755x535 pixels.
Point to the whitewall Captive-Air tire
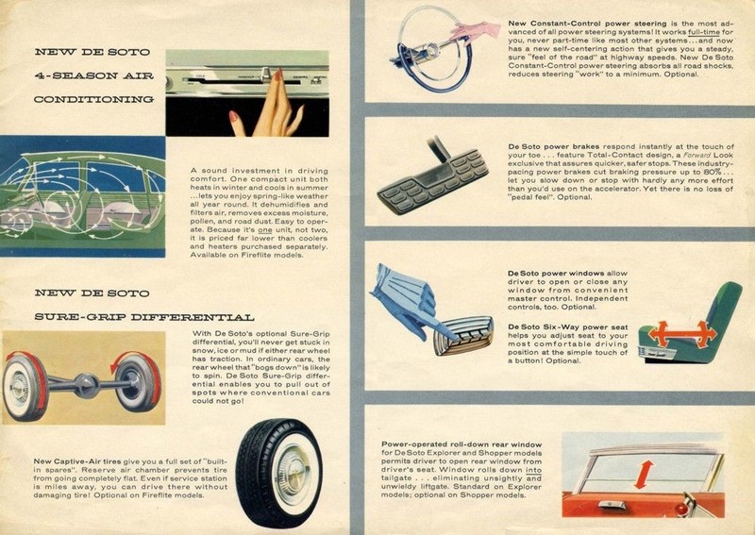[279, 471]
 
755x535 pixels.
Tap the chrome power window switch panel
[463, 335]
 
